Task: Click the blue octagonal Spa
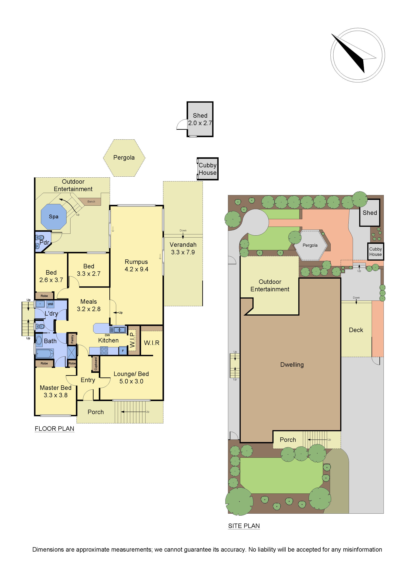(53, 217)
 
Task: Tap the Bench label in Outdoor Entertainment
(91, 202)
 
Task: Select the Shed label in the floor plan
(200, 116)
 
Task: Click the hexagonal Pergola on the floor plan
(124, 158)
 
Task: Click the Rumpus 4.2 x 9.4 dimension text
(136, 269)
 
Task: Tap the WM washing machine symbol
(50, 304)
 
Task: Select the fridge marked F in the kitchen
(123, 351)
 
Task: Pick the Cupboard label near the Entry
(96, 364)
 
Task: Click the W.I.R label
(151, 343)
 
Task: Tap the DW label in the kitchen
(107, 335)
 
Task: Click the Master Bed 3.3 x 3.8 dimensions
(56, 395)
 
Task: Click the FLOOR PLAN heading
(54, 429)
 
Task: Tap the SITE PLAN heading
(244, 526)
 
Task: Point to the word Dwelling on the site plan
(292, 365)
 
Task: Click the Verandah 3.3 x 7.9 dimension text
(183, 252)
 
